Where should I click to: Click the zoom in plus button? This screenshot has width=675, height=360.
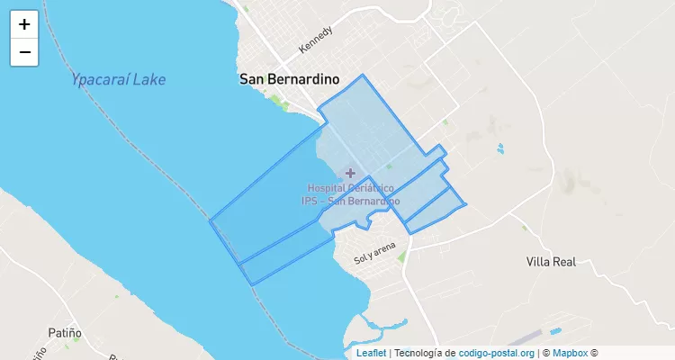24,24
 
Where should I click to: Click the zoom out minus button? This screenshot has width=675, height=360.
24,52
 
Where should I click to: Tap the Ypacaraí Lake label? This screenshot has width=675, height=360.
118,79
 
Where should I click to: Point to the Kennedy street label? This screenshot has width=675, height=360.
317,38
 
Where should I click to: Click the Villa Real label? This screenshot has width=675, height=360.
551,262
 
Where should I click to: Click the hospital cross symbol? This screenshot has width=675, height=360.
350,172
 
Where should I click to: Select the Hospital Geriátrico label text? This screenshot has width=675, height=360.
350,188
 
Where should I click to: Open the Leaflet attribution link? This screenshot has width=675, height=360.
371,353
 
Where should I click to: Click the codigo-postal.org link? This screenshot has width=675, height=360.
496,353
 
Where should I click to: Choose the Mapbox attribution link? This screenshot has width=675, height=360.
570,353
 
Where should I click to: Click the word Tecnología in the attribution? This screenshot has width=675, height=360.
418,353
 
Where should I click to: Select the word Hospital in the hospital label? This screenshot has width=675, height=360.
327,188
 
